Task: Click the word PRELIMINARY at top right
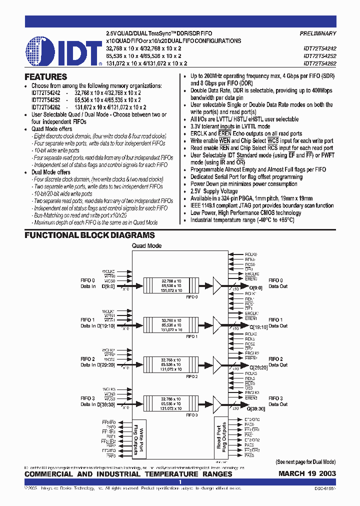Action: [317, 33]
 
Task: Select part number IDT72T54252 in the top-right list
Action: [319, 56]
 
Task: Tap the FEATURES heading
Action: [45, 77]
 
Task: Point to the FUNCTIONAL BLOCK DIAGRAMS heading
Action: [89, 235]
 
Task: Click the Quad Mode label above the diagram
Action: [146, 246]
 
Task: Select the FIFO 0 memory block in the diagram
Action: [171, 285]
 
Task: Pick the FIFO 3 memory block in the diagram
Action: [171, 402]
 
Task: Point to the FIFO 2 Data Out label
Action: [278, 362]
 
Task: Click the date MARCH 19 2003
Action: [307, 474]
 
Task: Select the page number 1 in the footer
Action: [180, 482]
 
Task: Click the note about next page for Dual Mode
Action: [305, 462]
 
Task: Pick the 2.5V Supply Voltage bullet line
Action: [213, 191]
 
